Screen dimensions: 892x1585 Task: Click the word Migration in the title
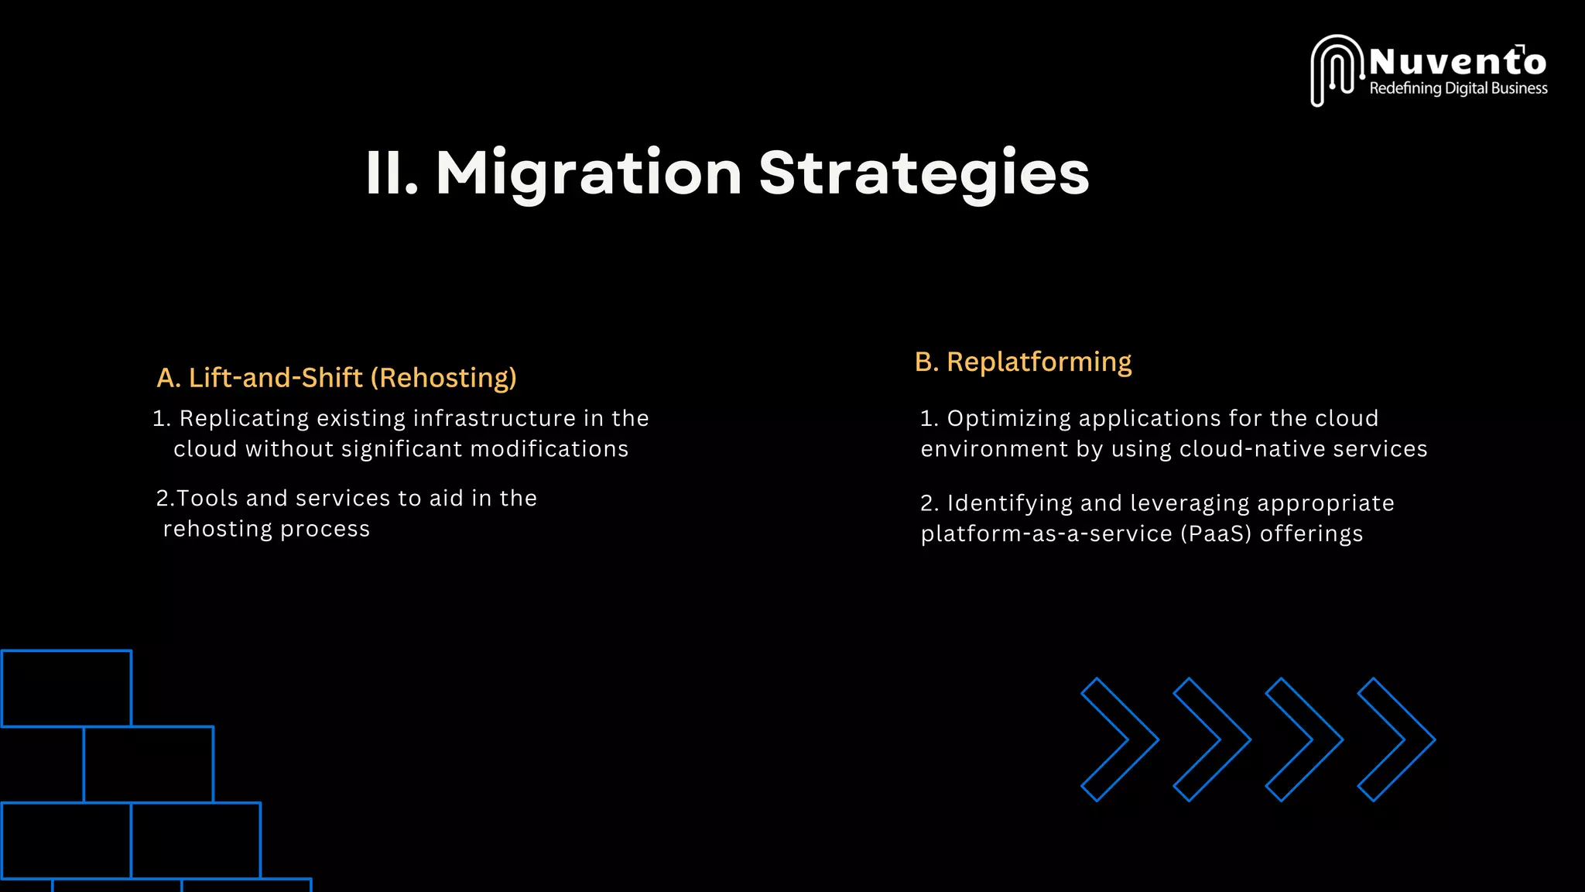(x=589, y=173)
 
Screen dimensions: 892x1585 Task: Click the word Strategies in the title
(x=924, y=173)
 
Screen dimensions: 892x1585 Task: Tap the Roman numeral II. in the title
(x=392, y=173)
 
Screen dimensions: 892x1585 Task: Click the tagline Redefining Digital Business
(x=1458, y=88)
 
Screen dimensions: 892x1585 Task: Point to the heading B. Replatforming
(x=1022, y=362)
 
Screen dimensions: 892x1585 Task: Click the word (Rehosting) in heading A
(x=443, y=378)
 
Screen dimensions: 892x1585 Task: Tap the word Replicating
(x=244, y=418)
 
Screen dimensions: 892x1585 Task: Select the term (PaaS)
(x=1216, y=534)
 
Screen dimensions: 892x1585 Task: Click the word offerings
(x=1311, y=534)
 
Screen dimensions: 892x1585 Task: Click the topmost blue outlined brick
(x=67, y=688)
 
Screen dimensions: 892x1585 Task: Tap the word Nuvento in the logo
(x=1457, y=61)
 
